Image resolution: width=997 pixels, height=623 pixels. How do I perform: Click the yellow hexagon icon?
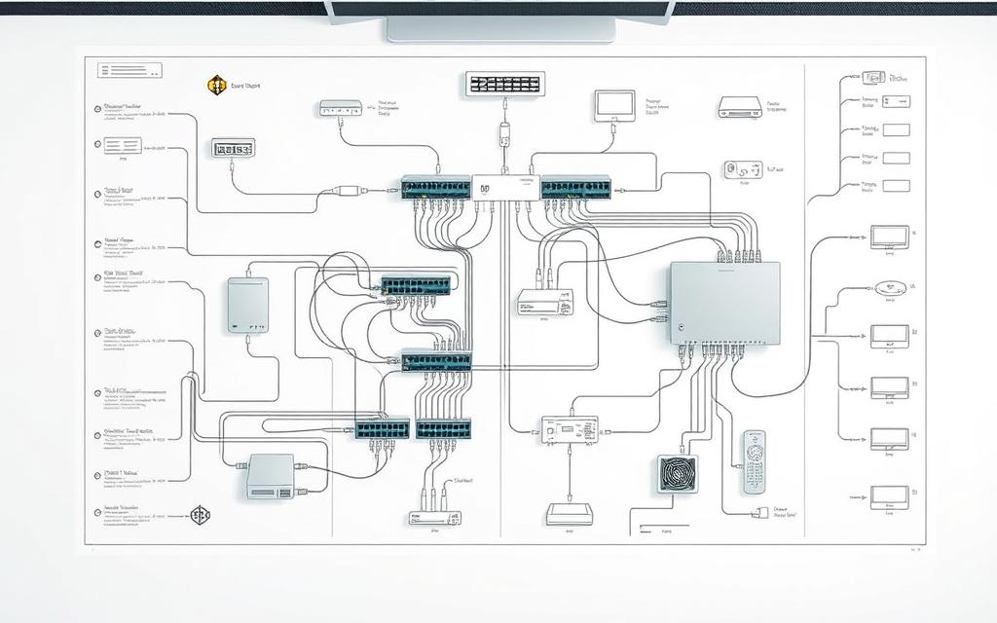pos(217,86)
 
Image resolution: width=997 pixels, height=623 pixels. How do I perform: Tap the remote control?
pos(755,460)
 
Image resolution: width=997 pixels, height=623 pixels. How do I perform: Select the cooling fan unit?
pos(677,474)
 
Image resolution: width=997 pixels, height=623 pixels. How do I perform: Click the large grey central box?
pos(724,302)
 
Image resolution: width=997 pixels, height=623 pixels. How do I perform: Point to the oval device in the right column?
pos(890,288)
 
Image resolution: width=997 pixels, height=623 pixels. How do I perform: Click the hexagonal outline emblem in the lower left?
pos(200,515)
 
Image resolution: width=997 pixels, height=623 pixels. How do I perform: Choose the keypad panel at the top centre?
pos(504,84)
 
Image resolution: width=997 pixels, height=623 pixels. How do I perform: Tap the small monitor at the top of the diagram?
pos(614,105)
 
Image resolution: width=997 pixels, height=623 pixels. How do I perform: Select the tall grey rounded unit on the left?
pos(248,305)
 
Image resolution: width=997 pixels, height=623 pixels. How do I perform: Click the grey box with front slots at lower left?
pos(271,475)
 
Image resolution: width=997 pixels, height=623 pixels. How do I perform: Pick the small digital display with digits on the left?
pos(233,149)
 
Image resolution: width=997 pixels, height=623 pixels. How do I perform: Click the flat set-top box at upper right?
pos(739,107)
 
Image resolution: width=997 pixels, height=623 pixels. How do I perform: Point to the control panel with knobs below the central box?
pos(570,429)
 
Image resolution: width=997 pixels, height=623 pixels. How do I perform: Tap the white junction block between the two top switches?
pos(505,188)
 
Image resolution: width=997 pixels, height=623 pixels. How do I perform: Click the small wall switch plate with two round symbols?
pos(743,169)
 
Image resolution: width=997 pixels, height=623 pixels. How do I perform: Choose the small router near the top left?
pos(341,108)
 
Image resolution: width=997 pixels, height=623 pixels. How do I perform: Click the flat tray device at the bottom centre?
pos(569,514)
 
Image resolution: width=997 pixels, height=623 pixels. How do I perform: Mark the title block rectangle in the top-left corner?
pos(129,70)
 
